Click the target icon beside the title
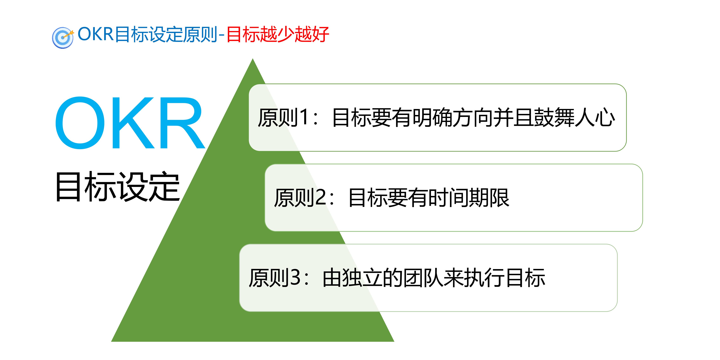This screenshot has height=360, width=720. tap(63, 38)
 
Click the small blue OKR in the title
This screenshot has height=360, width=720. tap(95, 34)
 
